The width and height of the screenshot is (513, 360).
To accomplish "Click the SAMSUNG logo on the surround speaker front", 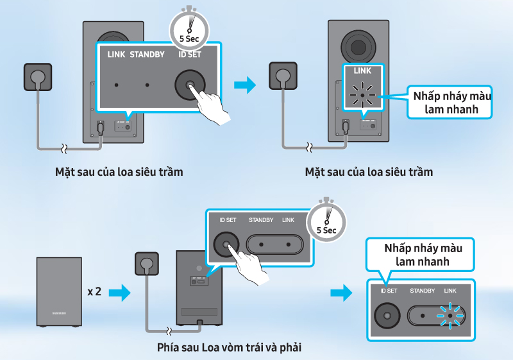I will (x=59, y=313).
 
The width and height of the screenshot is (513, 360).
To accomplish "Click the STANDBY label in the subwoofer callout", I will (x=147, y=55).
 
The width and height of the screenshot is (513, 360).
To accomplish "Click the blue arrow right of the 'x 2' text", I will (x=119, y=293).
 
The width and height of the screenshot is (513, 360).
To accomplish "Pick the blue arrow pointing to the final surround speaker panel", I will (x=341, y=293).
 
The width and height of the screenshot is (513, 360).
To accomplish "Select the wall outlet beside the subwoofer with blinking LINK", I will (x=282, y=76).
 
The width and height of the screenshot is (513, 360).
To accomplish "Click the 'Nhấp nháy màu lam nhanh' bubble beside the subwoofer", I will (x=451, y=103).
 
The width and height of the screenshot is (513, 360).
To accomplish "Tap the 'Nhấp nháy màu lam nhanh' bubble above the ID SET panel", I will (x=423, y=254).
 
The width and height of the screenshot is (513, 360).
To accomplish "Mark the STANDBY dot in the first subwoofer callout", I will (x=147, y=85).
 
